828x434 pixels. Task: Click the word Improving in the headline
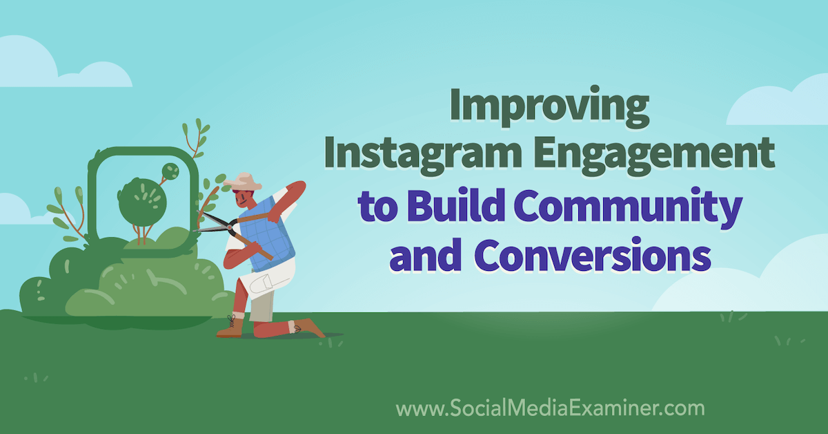point(549,106)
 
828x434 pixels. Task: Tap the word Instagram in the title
point(423,155)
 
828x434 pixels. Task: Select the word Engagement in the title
point(654,155)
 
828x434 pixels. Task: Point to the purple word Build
point(456,205)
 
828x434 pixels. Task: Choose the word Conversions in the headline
point(593,255)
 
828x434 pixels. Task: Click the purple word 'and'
point(426,256)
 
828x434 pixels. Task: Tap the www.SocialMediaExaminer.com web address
point(550,408)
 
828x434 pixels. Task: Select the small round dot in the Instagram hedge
point(170,171)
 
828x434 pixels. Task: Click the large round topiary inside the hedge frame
point(142,202)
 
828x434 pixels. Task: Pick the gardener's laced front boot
point(230,326)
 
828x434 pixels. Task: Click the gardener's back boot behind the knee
point(308,328)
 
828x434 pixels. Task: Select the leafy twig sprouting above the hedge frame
point(196,138)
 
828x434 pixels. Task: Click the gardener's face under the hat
point(245,199)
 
